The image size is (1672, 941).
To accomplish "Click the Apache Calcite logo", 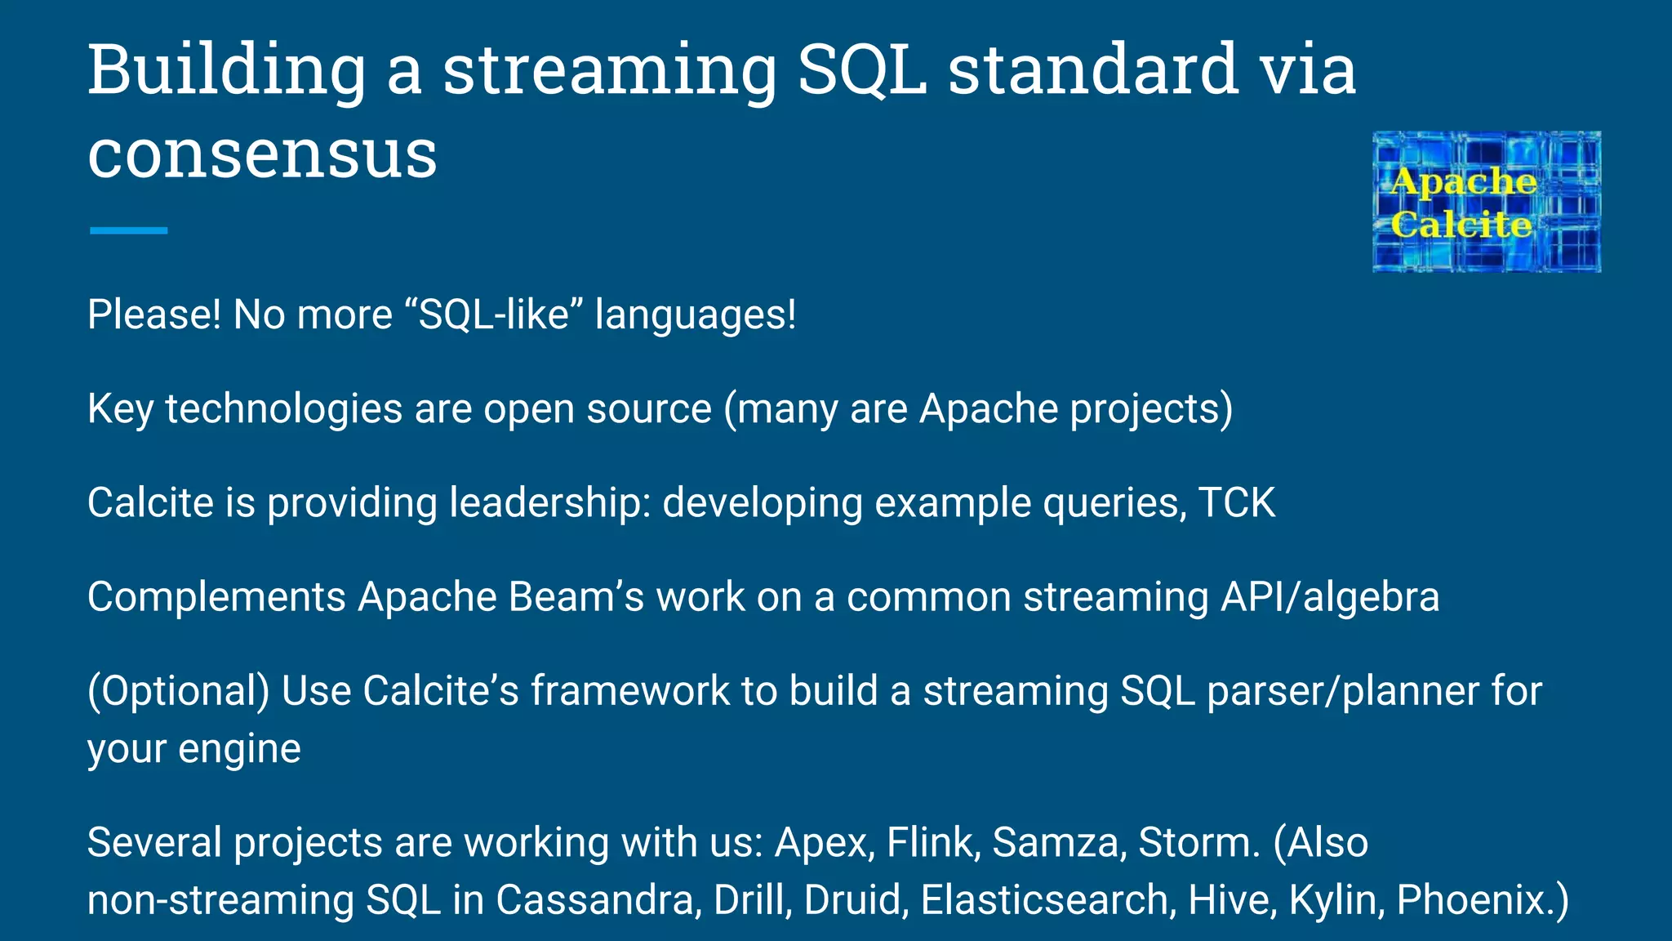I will [x=1486, y=202].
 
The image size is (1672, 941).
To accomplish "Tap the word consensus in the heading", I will [x=262, y=154].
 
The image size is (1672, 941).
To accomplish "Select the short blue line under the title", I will [x=128, y=231].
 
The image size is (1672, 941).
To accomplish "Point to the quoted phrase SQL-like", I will [x=493, y=314].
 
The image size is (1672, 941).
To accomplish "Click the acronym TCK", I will [x=1236, y=502].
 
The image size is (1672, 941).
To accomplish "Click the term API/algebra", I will [x=1330, y=597].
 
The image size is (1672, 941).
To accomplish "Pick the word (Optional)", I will [x=178, y=691].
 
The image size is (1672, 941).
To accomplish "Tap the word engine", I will [x=239, y=749].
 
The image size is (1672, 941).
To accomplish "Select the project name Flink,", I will [x=933, y=842].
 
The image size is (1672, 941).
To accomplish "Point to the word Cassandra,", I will [x=598, y=900].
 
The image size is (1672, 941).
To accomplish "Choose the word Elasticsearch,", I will [x=1048, y=900].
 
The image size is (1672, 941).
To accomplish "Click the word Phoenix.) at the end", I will [x=1483, y=900].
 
